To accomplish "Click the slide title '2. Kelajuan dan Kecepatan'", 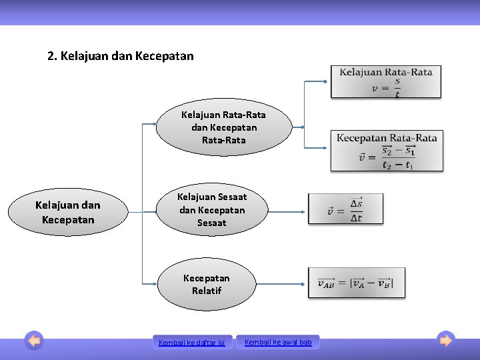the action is [121, 56].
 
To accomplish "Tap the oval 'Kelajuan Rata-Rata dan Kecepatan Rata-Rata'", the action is [223, 127].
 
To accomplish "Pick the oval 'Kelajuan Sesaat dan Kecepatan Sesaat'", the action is [211, 210].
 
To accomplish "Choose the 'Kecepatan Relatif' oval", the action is [207, 285].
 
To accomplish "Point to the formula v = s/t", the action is [386, 88].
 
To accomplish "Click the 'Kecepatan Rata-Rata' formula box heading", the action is [387, 138].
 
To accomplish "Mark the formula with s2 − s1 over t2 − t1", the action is [387, 157].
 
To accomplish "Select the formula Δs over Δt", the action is [345, 209].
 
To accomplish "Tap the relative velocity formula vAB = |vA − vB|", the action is [355, 283].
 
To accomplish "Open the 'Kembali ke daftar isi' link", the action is [192, 343].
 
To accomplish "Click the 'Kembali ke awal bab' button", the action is [278, 342].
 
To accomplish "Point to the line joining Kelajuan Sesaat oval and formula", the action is [286, 212].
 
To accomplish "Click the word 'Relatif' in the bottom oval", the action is [207, 291].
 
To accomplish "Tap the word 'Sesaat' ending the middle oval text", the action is [211, 223].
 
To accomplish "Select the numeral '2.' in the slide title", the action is [53, 56].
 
